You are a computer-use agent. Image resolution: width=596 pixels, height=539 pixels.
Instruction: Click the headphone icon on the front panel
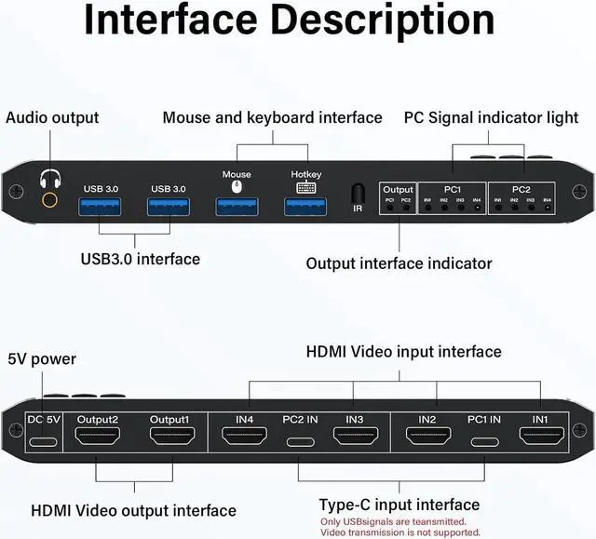click(x=47, y=177)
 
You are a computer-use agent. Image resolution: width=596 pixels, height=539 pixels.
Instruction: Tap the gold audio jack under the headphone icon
click(x=48, y=197)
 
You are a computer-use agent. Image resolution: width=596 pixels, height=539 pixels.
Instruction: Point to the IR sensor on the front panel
click(x=357, y=193)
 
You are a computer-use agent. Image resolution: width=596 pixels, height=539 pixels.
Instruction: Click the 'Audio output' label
click(x=52, y=118)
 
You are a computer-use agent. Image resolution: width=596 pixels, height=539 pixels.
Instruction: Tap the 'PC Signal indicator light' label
click(x=490, y=118)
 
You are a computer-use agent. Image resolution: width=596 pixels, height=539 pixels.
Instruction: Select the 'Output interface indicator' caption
click(x=400, y=263)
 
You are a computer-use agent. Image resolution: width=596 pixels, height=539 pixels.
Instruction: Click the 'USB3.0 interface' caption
click(x=140, y=259)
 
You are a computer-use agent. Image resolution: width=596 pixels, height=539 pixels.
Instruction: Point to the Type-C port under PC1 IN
click(x=482, y=441)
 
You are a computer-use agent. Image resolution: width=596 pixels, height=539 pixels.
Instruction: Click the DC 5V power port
click(x=42, y=441)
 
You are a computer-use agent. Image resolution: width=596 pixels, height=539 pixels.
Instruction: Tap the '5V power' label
click(x=42, y=358)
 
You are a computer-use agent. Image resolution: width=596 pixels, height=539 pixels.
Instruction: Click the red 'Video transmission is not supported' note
click(x=400, y=532)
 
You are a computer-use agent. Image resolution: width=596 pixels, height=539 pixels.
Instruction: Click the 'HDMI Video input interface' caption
click(x=404, y=351)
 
